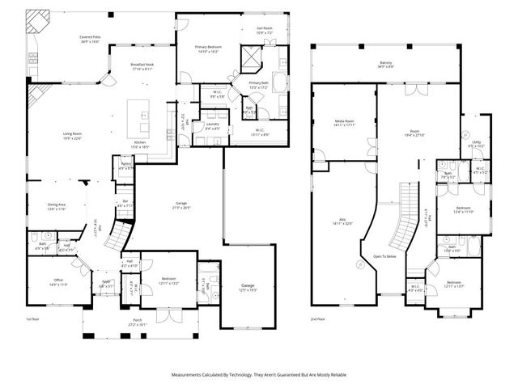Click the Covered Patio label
[89, 39]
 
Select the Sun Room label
[265, 30]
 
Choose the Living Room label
[73, 134]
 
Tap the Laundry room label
[214, 127]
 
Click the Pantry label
[126, 166]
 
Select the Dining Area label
[56, 207]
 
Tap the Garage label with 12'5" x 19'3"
[247, 288]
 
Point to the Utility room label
[476, 144]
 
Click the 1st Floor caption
[32, 319]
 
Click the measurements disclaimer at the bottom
[259, 375]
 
